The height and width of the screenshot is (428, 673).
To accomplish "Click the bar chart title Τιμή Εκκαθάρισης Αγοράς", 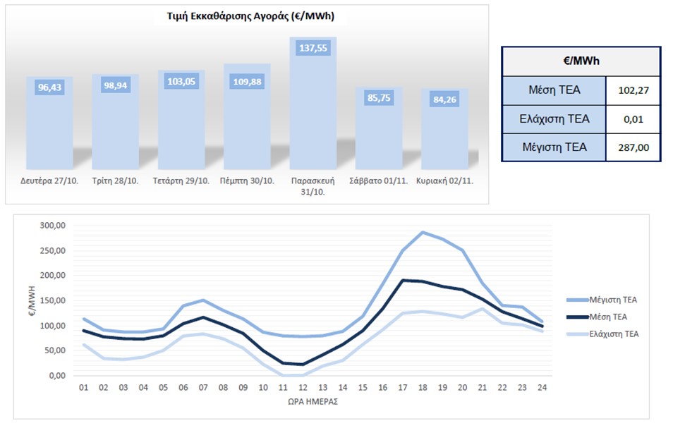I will click(245, 16).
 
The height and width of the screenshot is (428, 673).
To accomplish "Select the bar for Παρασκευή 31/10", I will click(313, 99).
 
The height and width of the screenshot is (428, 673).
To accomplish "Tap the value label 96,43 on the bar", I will click(49, 88).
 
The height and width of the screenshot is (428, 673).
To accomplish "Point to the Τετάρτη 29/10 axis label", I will click(181, 181).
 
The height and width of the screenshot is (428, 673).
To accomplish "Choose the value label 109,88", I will click(247, 80).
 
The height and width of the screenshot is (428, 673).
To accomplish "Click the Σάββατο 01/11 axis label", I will click(379, 181).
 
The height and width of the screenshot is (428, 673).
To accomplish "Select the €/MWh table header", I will click(581, 61).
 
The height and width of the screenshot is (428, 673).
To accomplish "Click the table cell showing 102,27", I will click(633, 90).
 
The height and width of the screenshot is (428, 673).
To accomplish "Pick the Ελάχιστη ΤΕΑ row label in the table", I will click(554, 118).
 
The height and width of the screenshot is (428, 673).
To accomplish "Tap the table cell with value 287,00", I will click(633, 147).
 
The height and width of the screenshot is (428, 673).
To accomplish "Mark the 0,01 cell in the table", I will click(633, 118).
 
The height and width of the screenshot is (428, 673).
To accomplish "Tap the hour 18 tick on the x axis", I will click(423, 386).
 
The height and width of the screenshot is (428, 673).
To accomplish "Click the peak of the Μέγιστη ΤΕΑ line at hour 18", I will click(423, 232).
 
